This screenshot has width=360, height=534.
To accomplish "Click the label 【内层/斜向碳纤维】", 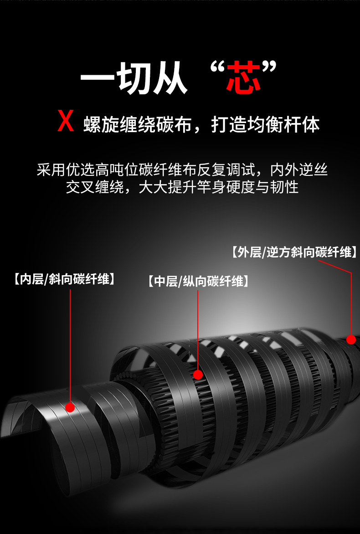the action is (x=64, y=279).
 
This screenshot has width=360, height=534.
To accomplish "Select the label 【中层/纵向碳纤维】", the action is (x=199, y=282).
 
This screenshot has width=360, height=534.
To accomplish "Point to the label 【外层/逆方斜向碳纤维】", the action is (x=294, y=252).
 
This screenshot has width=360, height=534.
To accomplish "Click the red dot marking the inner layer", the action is (x=70, y=407).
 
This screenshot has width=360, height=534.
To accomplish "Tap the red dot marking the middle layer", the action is (x=198, y=375).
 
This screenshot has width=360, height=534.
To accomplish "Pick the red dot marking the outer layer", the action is (x=351, y=339).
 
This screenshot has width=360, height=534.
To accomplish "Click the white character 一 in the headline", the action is (x=98, y=79).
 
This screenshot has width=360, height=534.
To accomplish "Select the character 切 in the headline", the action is (x=134, y=79).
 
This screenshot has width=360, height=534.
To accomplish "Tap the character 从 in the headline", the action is (x=170, y=79).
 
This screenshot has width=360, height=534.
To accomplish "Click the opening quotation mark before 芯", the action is (x=217, y=67).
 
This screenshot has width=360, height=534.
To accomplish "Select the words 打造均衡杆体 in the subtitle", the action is (x=266, y=124).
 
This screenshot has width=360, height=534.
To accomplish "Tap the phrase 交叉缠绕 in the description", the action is (x=95, y=187).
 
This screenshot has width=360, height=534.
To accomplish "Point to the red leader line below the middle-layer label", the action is (x=198, y=330).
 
